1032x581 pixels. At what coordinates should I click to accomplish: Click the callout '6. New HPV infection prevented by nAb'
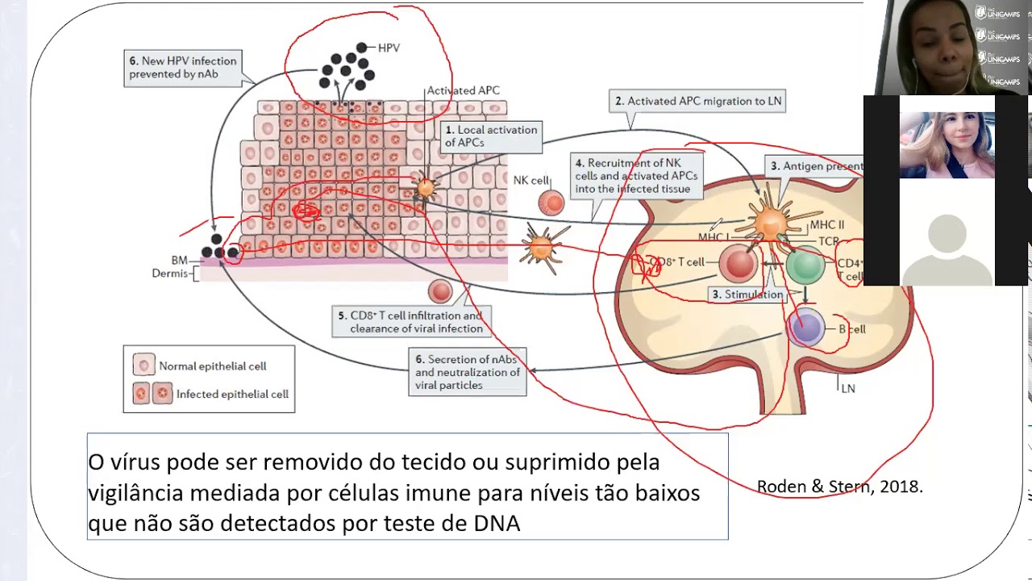pos(184,68)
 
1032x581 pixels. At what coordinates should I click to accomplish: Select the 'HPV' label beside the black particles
pos(388,48)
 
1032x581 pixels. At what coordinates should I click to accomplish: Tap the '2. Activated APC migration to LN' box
pos(697,102)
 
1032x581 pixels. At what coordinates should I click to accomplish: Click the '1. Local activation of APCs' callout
pos(491,136)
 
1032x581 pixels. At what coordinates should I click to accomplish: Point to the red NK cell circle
pos(551,203)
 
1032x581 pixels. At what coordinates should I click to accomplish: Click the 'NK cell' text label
pos(531,181)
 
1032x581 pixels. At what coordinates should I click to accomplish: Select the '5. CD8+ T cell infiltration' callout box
pos(411,322)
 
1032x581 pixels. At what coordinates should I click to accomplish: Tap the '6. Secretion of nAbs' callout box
pos(468,372)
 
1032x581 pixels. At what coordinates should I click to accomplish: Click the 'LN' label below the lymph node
pos(847,389)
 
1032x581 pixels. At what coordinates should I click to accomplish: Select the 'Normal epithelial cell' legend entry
pos(211,366)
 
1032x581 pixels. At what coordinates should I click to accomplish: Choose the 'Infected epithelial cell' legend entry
pos(231,395)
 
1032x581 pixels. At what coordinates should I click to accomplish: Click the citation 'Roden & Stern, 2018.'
pos(839,487)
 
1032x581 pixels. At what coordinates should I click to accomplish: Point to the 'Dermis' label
pos(169,274)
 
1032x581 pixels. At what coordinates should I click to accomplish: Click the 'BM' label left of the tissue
pos(179,261)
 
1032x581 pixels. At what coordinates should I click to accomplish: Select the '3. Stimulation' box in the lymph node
pos(747,295)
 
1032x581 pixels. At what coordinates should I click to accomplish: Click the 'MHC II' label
pos(827,225)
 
